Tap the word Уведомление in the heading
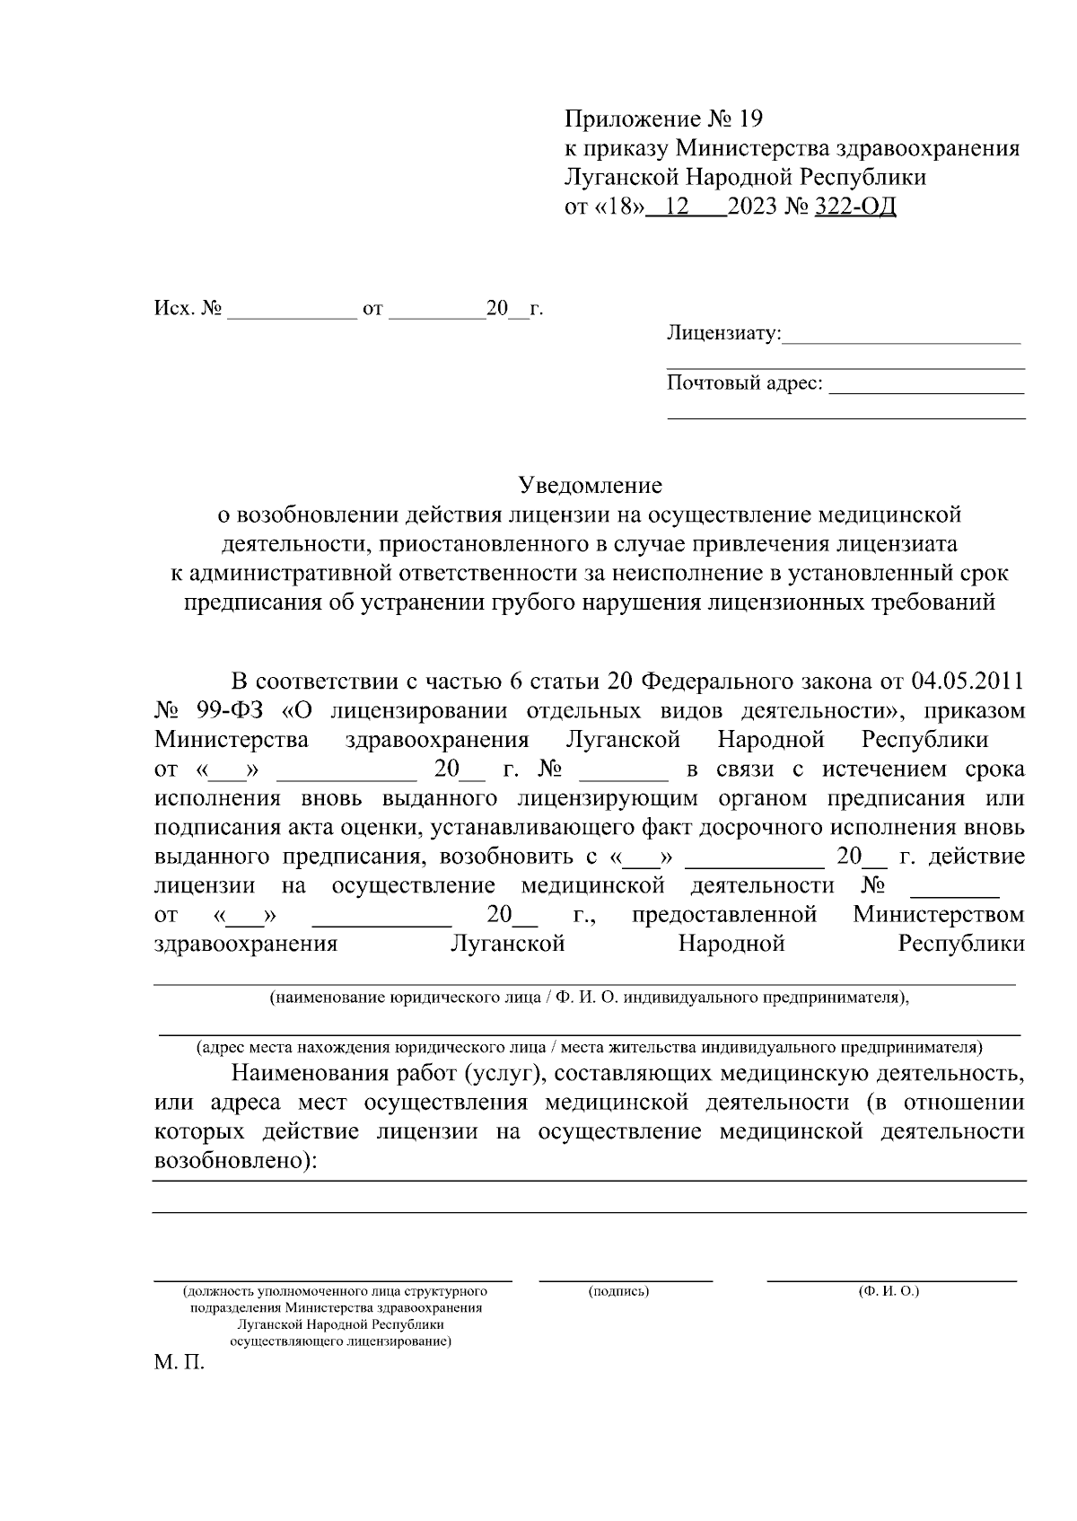591,486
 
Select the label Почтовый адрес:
744,383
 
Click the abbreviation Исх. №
188,309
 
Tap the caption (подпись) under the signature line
618,1291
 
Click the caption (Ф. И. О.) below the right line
889,1291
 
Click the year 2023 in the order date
754,207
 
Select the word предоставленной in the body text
724,915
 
